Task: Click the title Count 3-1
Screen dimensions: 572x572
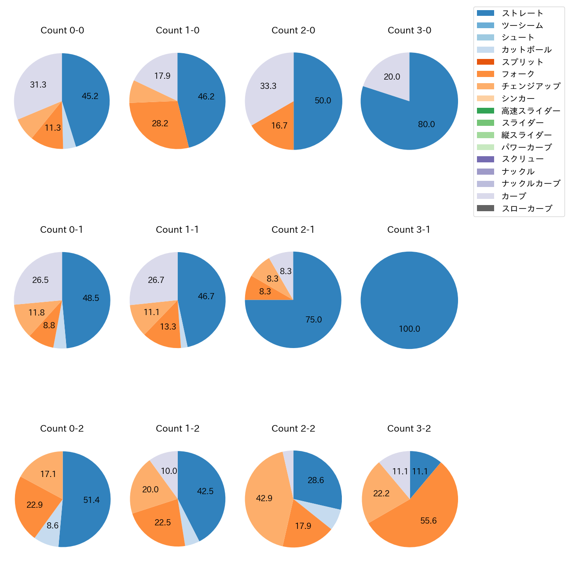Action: pyautogui.click(x=409, y=230)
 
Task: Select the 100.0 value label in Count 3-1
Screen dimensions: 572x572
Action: pyautogui.click(x=409, y=329)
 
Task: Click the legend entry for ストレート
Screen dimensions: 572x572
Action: pyautogui.click(x=522, y=13)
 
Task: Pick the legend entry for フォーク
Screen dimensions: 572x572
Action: pyautogui.click(x=518, y=74)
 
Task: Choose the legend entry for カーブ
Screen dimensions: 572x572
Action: pyautogui.click(x=513, y=196)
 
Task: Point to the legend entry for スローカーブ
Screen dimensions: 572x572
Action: pyautogui.click(x=527, y=209)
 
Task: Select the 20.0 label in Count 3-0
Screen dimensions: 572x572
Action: pyautogui.click(x=392, y=77)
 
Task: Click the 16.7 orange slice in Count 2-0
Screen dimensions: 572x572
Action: pyautogui.click(x=279, y=126)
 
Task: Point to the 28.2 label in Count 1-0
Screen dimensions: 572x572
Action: pyautogui.click(x=160, y=124)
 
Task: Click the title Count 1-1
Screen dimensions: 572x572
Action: pyautogui.click(x=177, y=230)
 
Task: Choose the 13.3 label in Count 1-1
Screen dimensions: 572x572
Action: pyautogui.click(x=168, y=326)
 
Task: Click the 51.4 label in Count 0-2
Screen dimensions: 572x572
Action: pyautogui.click(x=91, y=500)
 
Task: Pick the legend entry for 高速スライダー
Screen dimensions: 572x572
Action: pyautogui.click(x=531, y=111)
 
